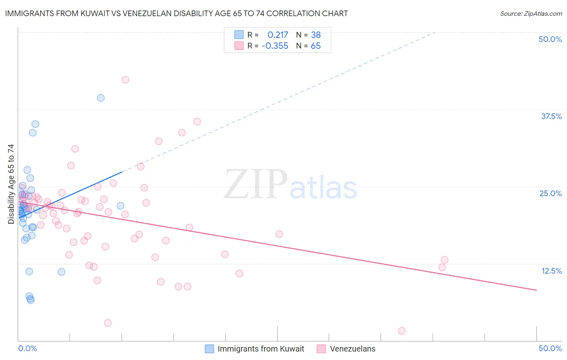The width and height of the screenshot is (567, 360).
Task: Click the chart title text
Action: pyautogui.click(x=176, y=13)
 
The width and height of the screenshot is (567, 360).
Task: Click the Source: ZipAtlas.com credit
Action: pyautogui.click(x=531, y=13)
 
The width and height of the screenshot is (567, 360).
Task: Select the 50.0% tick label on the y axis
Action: pyautogui.click(x=550, y=39)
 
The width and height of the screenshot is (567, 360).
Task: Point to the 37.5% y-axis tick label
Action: pyautogui.click(x=551, y=116)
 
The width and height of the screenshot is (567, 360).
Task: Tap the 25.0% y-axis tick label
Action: pyautogui.click(x=550, y=193)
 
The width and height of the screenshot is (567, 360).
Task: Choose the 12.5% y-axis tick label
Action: pyautogui.click(x=551, y=271)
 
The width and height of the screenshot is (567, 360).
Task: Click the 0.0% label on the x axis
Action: pyautogui.click(x=27, y=348)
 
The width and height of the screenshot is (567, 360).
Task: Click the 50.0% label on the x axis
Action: pyautogui.click(x=550, y=348)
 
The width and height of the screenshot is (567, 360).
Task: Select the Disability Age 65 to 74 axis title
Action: pyautogui.click(x=11, y=184)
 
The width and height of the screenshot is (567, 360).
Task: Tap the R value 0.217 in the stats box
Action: pyautogui.click(x=278, y=35)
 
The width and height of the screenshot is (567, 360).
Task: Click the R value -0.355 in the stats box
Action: pyautogui.click(x=275, y=46)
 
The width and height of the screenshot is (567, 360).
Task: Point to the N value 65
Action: pyautogui.click(x=316, y=46)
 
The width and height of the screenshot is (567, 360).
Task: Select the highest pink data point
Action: pyautogui.click(x=125, y=80)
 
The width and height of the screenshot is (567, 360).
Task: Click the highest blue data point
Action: pyautogui.click(x=101, y=98)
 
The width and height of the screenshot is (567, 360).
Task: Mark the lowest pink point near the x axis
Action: pyautogui.click(x=402, y=331)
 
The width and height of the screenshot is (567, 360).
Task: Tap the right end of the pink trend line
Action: pyautogui.click(x=536, y=290)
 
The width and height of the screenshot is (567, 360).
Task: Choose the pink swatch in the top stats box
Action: pyautogui.click(x=239, y=46)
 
